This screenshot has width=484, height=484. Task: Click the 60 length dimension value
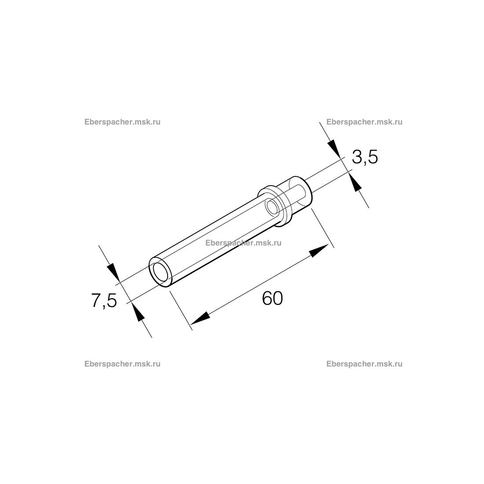tap(272, 298)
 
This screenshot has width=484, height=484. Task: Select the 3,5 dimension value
tap(365, 158)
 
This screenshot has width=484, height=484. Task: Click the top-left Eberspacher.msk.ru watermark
tap(123, 122)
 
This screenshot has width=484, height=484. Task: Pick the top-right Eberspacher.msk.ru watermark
tap(365, 122)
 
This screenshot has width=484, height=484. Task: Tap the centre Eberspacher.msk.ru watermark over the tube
tap(244, 243)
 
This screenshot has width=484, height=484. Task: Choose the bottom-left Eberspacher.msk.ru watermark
tap(123, 364)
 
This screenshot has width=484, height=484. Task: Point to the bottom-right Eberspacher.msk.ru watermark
tap(365, 364)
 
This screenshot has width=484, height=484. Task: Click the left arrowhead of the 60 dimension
tap(200, 319)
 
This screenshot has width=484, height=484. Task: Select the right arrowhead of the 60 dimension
tap(319, 250)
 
